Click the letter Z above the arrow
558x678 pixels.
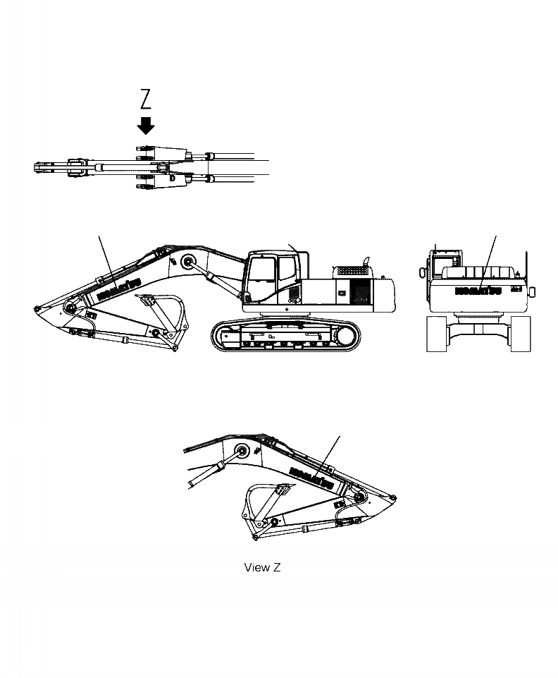[x=146, y=99]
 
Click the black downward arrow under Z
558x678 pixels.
[x=146, y=126]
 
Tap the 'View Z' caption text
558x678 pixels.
[x=262, y=567]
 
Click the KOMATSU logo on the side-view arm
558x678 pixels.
[x=117, y=288]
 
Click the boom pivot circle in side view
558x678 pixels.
[x=188, y=262]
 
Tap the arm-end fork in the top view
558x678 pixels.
[x=42, y=168]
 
